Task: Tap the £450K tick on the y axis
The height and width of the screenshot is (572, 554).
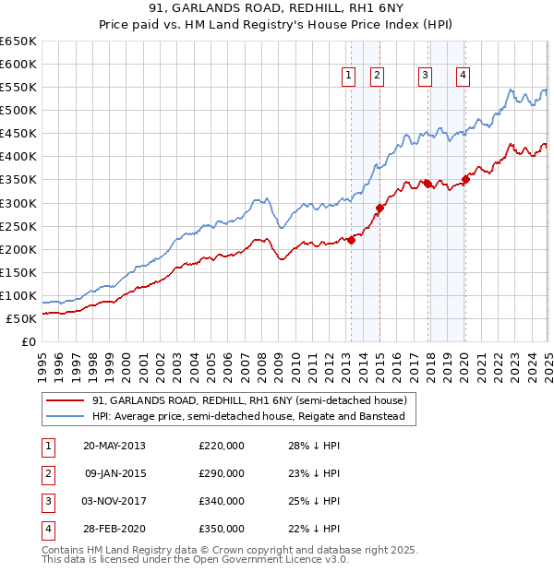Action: point(19,134)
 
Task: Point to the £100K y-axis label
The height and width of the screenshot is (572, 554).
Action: point(19,295)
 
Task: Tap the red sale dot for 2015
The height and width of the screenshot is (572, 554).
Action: point(379,208)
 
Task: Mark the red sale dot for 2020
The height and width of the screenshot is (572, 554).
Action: point(465,180)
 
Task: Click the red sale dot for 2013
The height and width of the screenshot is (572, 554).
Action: point(351,240)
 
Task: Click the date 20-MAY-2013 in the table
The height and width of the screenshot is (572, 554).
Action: point(114,446)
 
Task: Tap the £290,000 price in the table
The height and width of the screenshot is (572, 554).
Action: point(222,473)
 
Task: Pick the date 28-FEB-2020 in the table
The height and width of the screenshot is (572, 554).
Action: point(114,529)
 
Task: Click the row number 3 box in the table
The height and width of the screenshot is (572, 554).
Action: point(46,501)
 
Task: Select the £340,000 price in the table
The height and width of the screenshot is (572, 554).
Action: point(222,501)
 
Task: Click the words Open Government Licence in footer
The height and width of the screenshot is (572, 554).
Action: point(269,559)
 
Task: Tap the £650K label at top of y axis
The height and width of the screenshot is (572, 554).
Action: point(19,42)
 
